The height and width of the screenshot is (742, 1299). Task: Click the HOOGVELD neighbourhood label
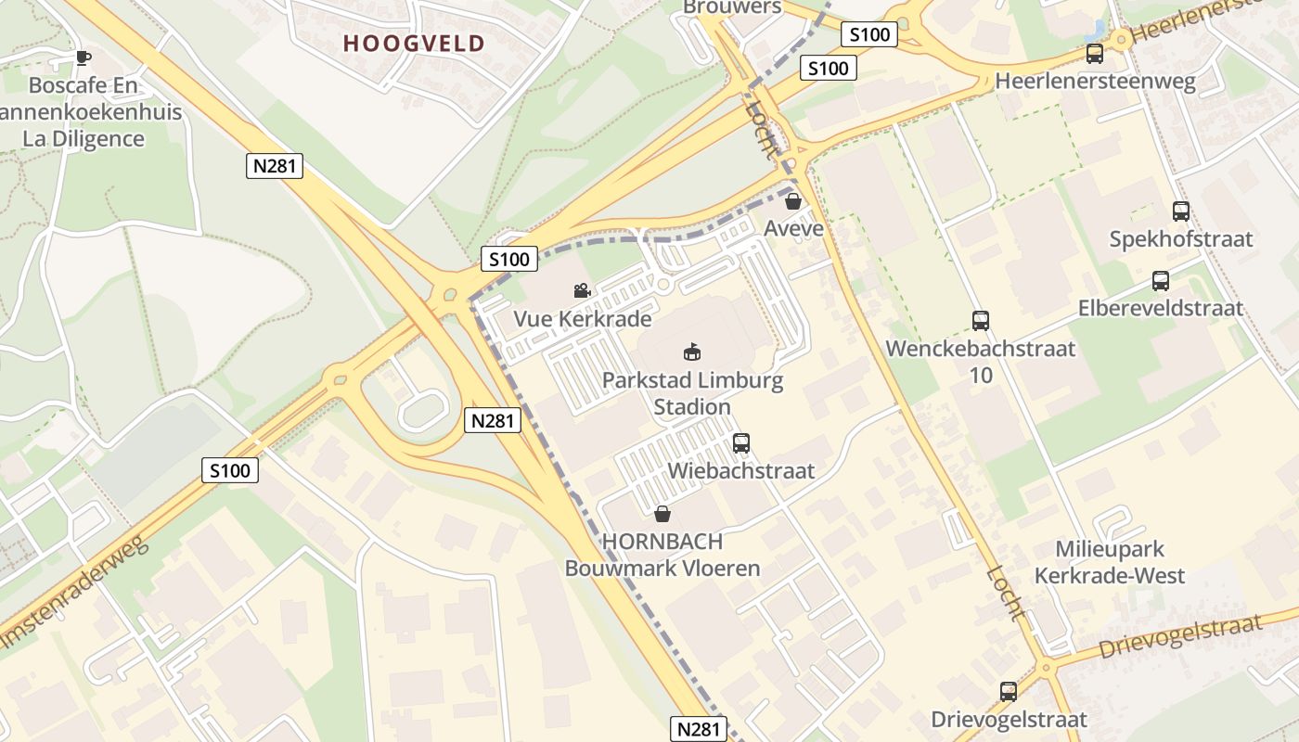(x=414, y=44)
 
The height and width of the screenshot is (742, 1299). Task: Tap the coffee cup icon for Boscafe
(x=84, y=58)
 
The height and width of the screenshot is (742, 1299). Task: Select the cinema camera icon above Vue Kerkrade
(x=582, y=291)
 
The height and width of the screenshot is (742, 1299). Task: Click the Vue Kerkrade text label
(x=582, y=319)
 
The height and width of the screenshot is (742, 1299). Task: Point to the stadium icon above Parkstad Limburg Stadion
(x=692, y=352)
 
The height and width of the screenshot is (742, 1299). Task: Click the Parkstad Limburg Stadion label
(x=692, y=393)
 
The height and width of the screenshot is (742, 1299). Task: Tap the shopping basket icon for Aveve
(x=793, y=200)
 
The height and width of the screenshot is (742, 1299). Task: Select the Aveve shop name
(x=793, y=228)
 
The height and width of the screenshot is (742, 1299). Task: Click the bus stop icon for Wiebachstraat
(x=740, y=443)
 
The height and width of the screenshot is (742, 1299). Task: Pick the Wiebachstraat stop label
(x=740, y=471)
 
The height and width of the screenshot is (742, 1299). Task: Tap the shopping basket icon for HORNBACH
(x=662, y=513)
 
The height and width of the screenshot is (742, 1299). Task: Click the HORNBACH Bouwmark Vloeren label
(x=662, y=555)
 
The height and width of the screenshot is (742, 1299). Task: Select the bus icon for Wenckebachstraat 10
(x=981, y=321)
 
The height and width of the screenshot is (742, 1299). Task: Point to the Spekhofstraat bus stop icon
(x=1181, y=211)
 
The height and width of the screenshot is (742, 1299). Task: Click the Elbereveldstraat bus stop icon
(x=1160, y=281)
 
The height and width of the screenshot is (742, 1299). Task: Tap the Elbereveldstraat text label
(x=1160, y=308)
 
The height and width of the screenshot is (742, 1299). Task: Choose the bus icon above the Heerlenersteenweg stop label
(x=1095, y=54)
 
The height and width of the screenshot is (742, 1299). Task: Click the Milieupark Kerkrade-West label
(x=1109, y=562)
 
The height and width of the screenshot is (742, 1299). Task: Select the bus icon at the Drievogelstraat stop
(x=1009, y=691)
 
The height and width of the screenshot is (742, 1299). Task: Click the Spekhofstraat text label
(x=1181, y=239)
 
